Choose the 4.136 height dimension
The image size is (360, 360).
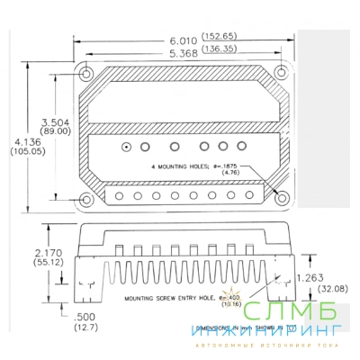tap(24, 141)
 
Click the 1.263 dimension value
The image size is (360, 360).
tap(311, 278)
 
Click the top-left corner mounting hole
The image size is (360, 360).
tap(86, 73)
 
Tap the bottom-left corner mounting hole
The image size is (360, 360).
tap(86, 198)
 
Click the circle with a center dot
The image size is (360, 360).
tap(127, 146)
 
